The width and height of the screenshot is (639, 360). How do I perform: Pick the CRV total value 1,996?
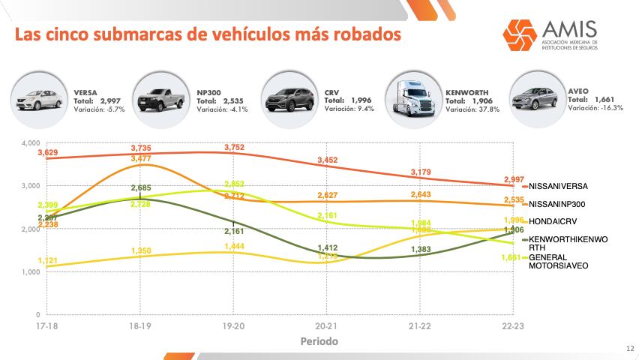[363, 100]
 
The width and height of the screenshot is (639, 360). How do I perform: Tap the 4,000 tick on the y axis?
[31, 142]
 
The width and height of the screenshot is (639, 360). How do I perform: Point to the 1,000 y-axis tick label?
[31, 272]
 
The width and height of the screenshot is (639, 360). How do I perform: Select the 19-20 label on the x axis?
[234, 326]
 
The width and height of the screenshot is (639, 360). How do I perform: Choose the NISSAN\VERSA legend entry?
[558, 186]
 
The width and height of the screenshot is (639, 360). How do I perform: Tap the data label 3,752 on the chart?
[234, 148]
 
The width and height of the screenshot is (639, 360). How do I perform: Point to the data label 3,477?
[142, 159]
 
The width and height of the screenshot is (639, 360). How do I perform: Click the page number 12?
[629, 347]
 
